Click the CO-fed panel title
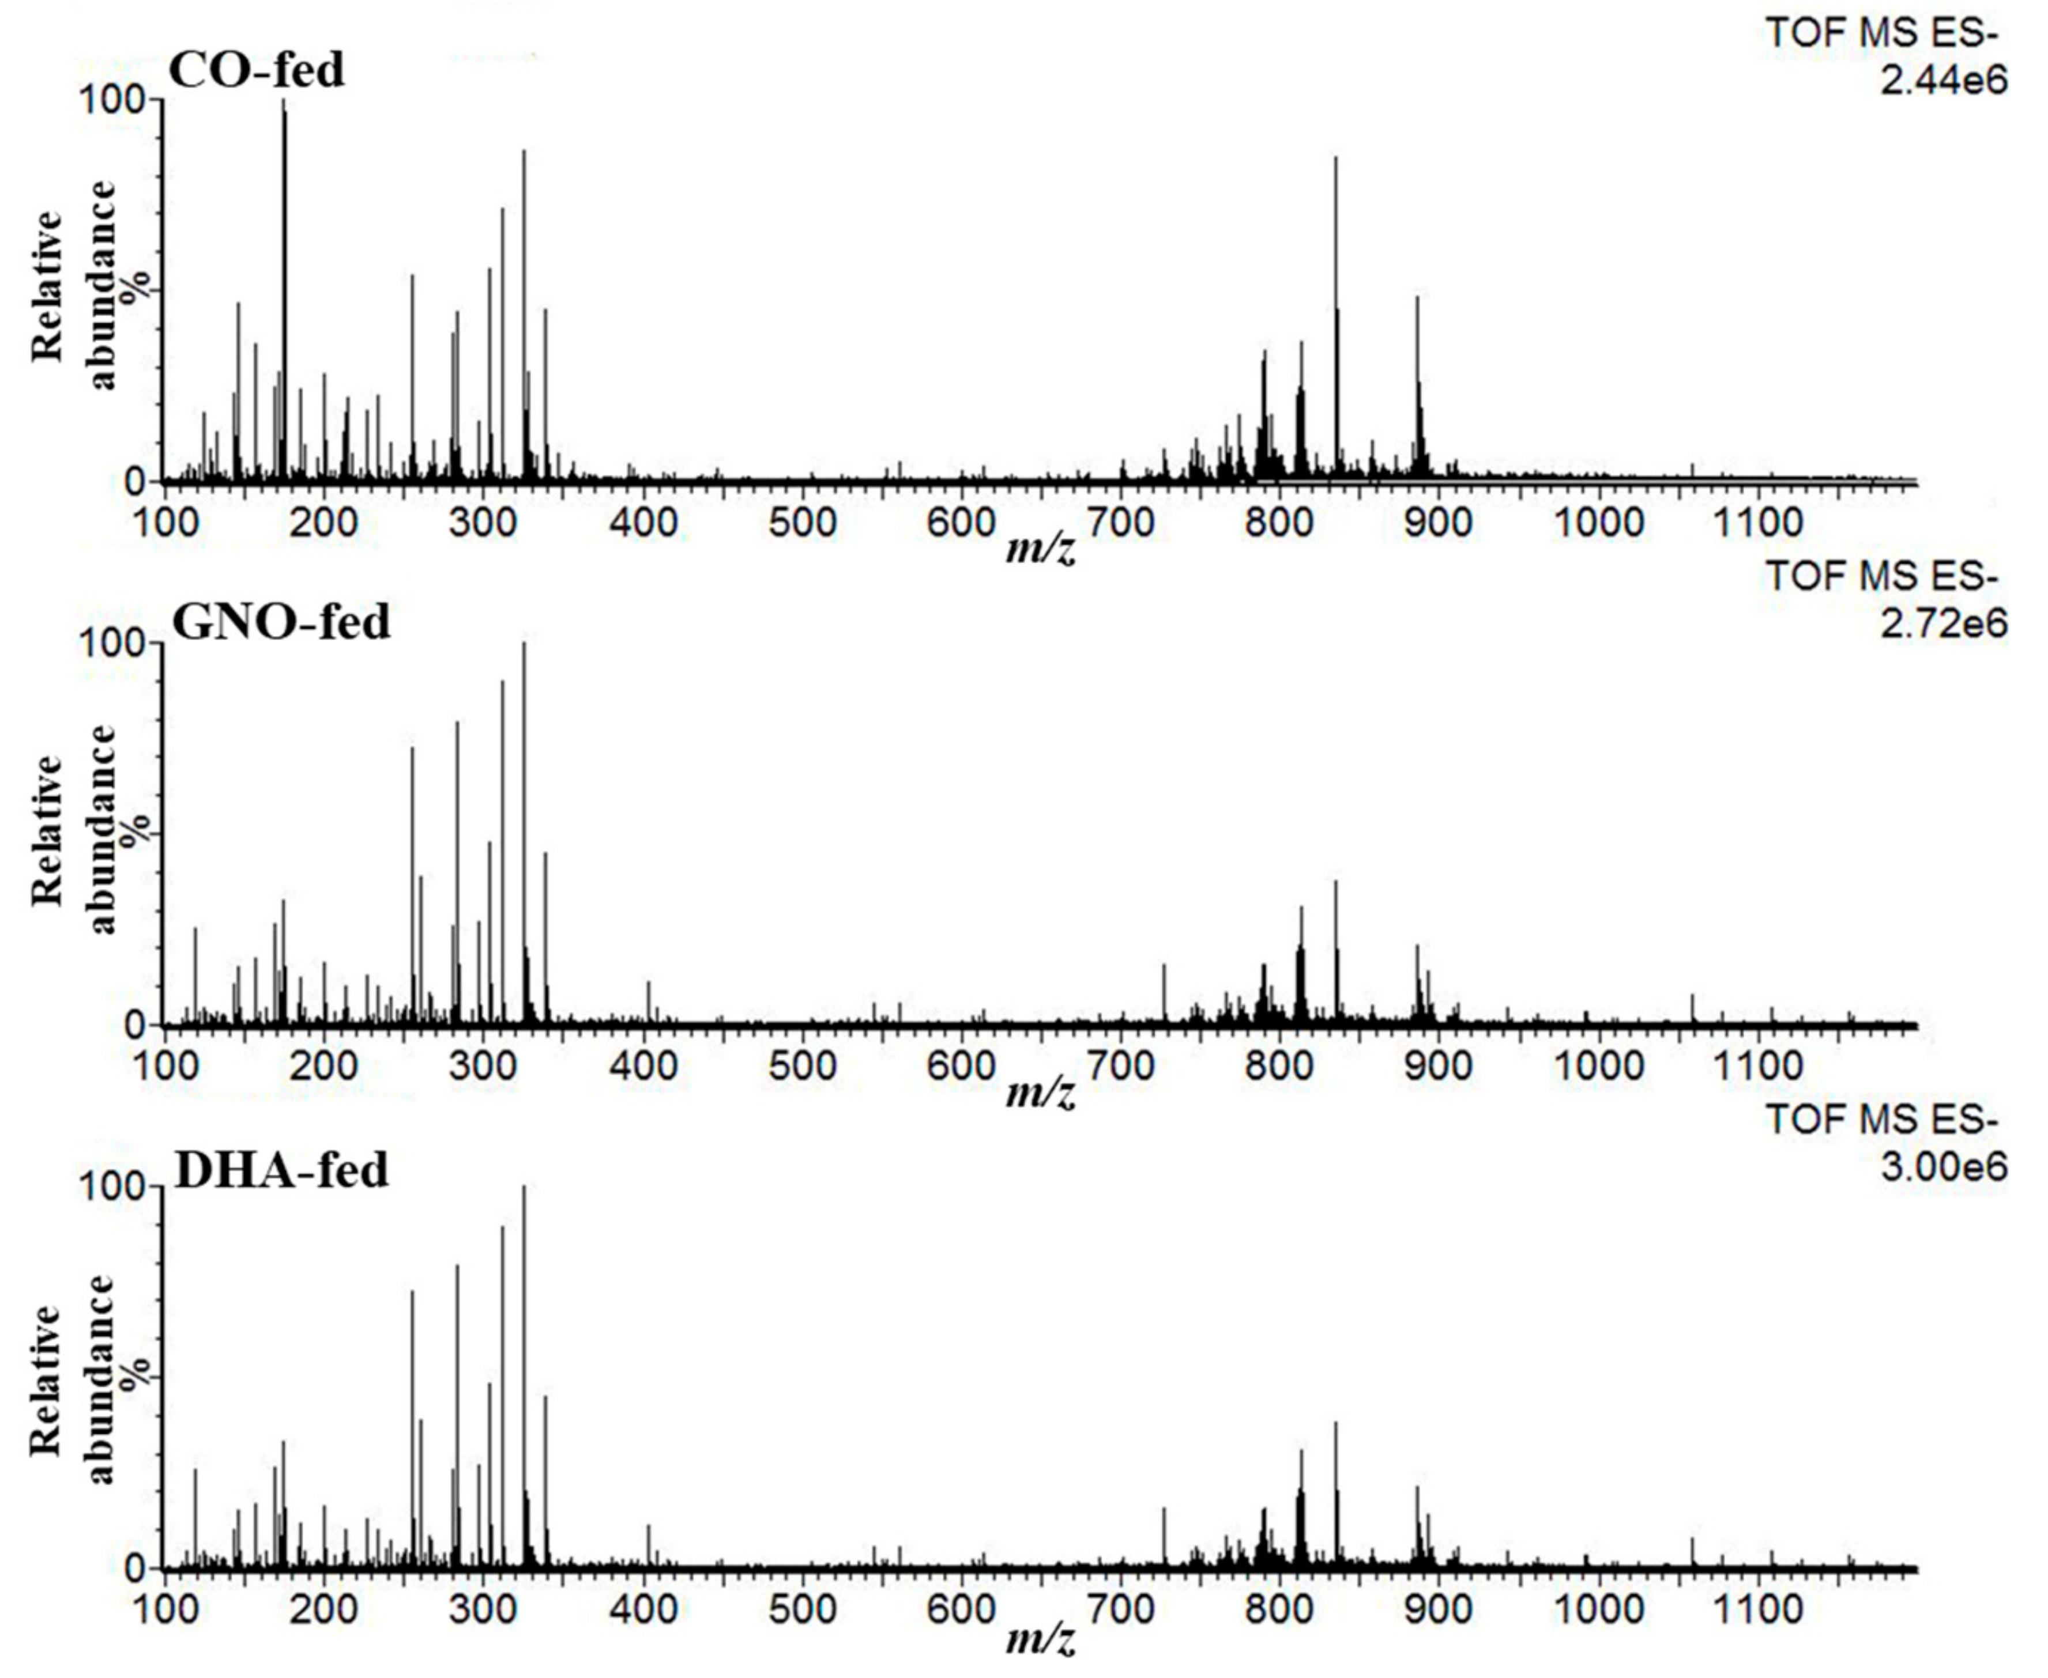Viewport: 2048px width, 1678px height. [x=256, y=70]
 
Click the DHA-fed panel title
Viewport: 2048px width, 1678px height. [x=281, y=1170]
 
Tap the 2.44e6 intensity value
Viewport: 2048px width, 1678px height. [x=1942, y=80]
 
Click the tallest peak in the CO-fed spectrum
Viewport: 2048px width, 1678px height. [x=284, y=107]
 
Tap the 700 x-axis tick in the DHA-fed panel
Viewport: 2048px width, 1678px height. [x=1121, y=1609]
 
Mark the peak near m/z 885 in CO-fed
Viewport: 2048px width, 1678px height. [x=1418, y=301]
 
